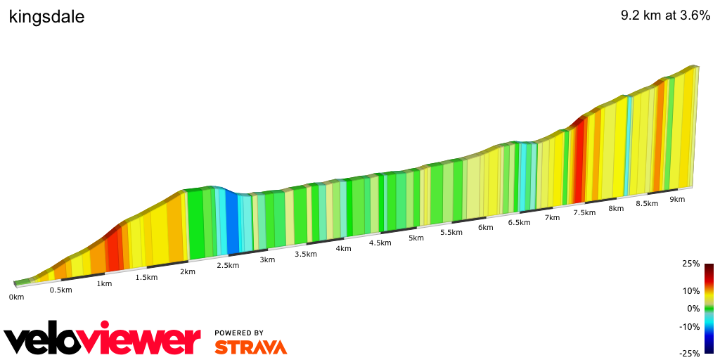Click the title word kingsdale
pos(46,17)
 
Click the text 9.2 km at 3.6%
pos(665,17)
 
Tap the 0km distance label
pos(16,297)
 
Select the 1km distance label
pos(104,284)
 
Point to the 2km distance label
pos(187,271)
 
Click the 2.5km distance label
pos(228,265)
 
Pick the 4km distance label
pos(343,248)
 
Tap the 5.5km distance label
pos(451,233)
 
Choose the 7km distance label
pos(552,217)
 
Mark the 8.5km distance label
pos(647,204)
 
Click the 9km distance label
pos(677,199)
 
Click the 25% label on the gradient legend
pos(690,264)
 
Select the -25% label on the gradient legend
pos(689,354)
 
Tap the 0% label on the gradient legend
pos(693,309)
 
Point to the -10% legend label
pos(689,326)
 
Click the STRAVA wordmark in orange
pos(250,347)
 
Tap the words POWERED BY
pos(239,333)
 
